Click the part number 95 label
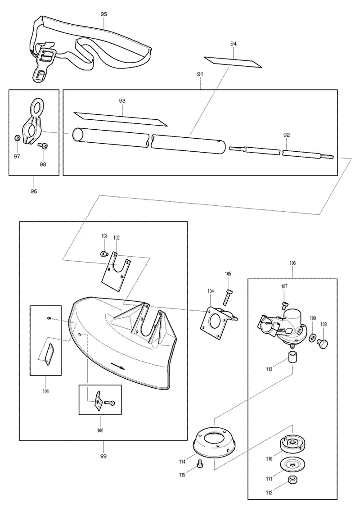(104, 14)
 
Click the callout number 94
(234, 44)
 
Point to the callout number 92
(287, 135)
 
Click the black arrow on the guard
(118, 365)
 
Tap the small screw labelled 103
(103, 254)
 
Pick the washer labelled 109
(312, 337)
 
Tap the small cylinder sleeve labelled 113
(292, 358)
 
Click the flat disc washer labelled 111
(291, 464)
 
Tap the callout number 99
(103, 456)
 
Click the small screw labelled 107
(284, 305)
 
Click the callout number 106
(292, 263)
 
